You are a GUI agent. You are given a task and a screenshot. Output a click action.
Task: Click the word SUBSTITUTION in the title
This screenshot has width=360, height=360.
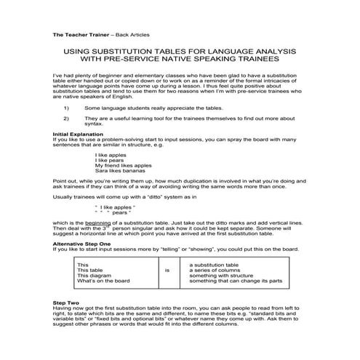(140, 53)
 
